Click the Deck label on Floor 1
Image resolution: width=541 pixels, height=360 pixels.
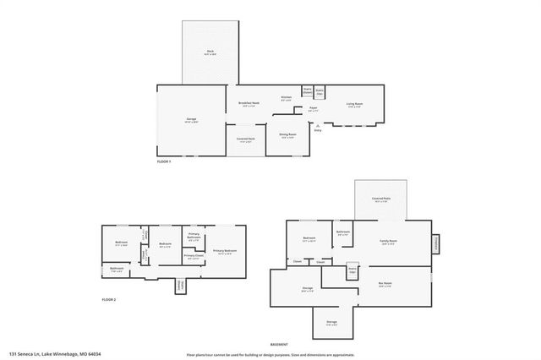point(210,52)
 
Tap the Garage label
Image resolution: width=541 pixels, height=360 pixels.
point(191,119)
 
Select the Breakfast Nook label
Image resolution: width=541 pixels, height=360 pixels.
point(249,104)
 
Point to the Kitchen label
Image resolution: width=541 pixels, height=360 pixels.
point(287,98)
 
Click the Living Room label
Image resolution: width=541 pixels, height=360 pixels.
point(354,104)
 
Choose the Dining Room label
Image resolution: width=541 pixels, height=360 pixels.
point(287,134)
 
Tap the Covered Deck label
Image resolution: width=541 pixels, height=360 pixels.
point(246,139)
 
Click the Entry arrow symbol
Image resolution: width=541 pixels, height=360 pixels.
point(318,126)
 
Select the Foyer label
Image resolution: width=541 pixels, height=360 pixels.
point(312,108)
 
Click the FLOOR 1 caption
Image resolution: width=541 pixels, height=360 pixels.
point(164,161)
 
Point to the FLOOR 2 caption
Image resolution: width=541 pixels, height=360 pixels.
point(108,299)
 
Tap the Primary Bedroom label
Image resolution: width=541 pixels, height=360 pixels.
point(224,251)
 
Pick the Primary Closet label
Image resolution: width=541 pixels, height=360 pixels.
point(194,256)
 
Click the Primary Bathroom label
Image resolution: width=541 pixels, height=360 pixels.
point(194,237)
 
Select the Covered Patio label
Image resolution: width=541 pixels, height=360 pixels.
point(380,199)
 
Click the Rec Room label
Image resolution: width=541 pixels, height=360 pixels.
point(385,284)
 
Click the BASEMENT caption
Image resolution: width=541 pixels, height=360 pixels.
point(279,344)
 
